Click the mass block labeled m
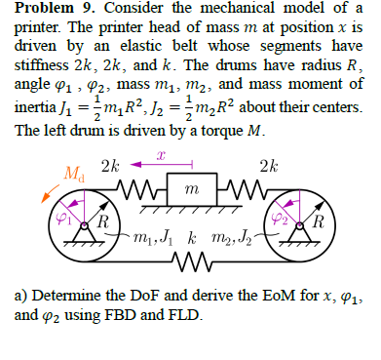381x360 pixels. pyautogui.click(x=190, y=188)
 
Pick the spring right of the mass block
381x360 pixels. pyautogui.click(x=242, y=185)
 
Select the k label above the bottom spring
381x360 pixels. pyautogui.click(x=192, y=240)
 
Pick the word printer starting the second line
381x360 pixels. pyautogui.click(x=35, y=30)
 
